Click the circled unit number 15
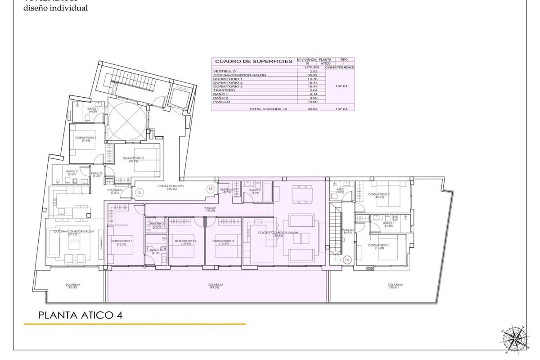point(139,192)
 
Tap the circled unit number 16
point(210,189)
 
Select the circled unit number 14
point(346,260)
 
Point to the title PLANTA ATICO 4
point(80,315)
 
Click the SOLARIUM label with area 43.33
point(216,286)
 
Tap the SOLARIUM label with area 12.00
point(72,286)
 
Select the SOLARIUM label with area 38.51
point(395,286)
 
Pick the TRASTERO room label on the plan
point(156,225)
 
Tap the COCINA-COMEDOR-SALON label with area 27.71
point(73,232)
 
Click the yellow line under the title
point(135,324)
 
